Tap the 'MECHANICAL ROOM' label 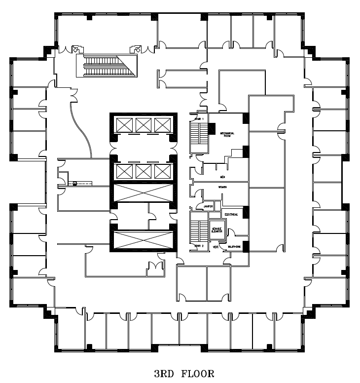click(x=227, y=134)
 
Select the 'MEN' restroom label click(x=223, y=176)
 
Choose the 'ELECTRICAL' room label click(x=231, y=215)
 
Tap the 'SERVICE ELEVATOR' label click(x=216, y=230)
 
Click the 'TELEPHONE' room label click(x=234, y=247)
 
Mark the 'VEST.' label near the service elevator click(x=215, y=246)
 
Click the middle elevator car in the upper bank click(x=143, y=125)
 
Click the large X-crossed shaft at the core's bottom click(x=143, y=240)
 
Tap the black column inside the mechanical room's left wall click(x=212, y=128)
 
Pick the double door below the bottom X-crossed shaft click(x=155, y=266)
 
